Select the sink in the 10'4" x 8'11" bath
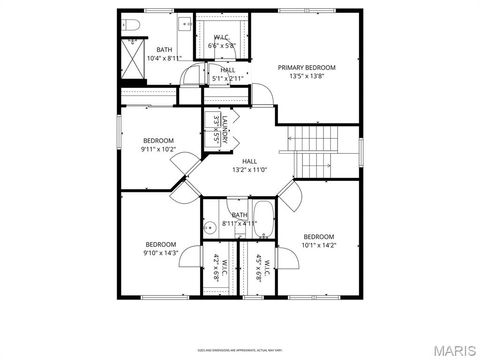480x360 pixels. pyautogui.click(x=184, y=21)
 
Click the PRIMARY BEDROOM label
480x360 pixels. pyautogui.click(x=306, y=67)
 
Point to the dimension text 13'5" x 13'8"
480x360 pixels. pyautogui.click(x=306, y=75)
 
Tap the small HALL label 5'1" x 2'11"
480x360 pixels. pyautogui.click(x=228, y=73)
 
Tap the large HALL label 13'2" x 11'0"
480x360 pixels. pyautogui.click(x=249, y=164)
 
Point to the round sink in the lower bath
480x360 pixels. pyautogui.click(x=210, y=228)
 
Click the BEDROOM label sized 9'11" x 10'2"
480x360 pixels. pyautogui.click(x=158, y=144)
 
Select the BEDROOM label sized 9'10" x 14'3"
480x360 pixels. pyautogui.click(x=161, y=248)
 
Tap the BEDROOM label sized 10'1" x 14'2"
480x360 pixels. pyautogui.click(x=319, y=239)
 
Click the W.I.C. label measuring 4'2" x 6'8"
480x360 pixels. pyautogui.click(x=221, y=268)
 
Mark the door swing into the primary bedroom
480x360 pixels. pyautogui.click(x=262, y=93)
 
